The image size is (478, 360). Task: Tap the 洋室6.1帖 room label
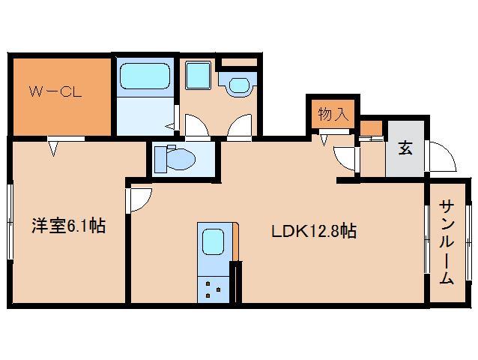click(67, 225)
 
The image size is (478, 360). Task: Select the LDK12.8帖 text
click(313, 232)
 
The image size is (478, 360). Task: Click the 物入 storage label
click(333, 115)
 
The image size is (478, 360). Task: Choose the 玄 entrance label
click(405, 148)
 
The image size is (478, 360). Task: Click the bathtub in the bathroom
click(145, 77)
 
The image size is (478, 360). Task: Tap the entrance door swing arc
click(443, 157)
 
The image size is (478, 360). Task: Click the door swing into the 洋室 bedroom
click(140, 199)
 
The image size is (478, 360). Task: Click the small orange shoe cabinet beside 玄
click(370, 127)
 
